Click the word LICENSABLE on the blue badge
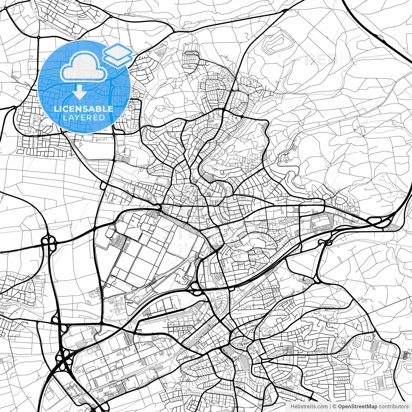[84, 109]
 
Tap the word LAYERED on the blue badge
[84, 118]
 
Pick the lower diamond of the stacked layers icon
[117, 58]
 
